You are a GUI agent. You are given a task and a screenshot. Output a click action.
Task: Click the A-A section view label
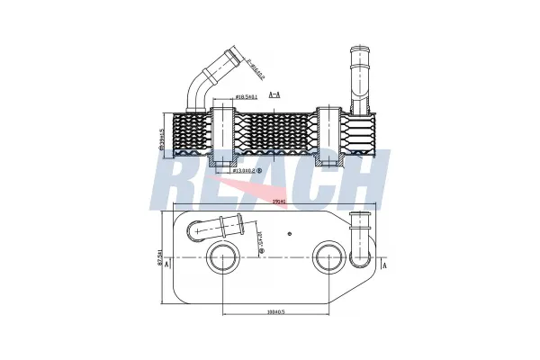tap(277, 94)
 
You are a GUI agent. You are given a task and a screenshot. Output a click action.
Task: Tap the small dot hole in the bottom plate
tap(289, 232)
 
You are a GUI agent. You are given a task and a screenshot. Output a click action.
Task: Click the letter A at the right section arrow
tap(384, 266)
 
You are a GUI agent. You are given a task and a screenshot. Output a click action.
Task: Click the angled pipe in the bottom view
tap(213, 228)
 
